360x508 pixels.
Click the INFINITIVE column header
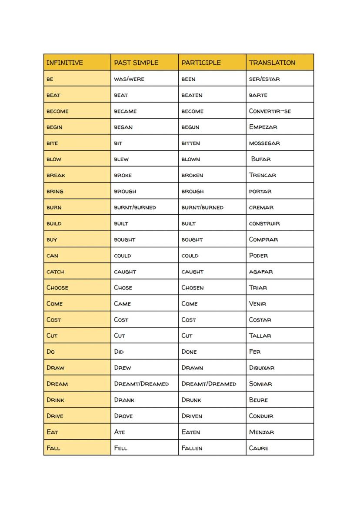[x=64, y=63]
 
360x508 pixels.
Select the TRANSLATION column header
[x=272, y=63]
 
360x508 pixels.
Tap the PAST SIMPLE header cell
[x=137, y=63]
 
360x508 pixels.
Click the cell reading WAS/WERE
[x=129, y=79]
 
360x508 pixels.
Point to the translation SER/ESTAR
[x=264, y=79]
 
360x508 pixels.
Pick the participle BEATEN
[x=192, y=95]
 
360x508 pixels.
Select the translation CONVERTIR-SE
[x=270, y=111]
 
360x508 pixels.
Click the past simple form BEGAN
[x=123, y=127]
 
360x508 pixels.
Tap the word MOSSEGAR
[x=264, y=143]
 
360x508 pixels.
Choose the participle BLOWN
[x=191, y=159]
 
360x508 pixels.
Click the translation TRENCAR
[x=262, y=176]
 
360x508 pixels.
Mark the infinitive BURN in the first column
[x=54, y=208]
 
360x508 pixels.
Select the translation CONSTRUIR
[x=264, y=224]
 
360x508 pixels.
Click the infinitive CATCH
[x=55, y=272]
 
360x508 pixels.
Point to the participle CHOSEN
[x=192, y=288]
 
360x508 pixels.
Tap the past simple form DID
[x=119, y=352]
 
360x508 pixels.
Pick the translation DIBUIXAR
[x=261, y=368]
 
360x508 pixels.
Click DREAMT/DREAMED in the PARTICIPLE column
[x=209, y=384]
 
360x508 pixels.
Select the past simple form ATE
[x=119, y=432]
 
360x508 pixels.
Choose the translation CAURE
[x=259, y=448]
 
